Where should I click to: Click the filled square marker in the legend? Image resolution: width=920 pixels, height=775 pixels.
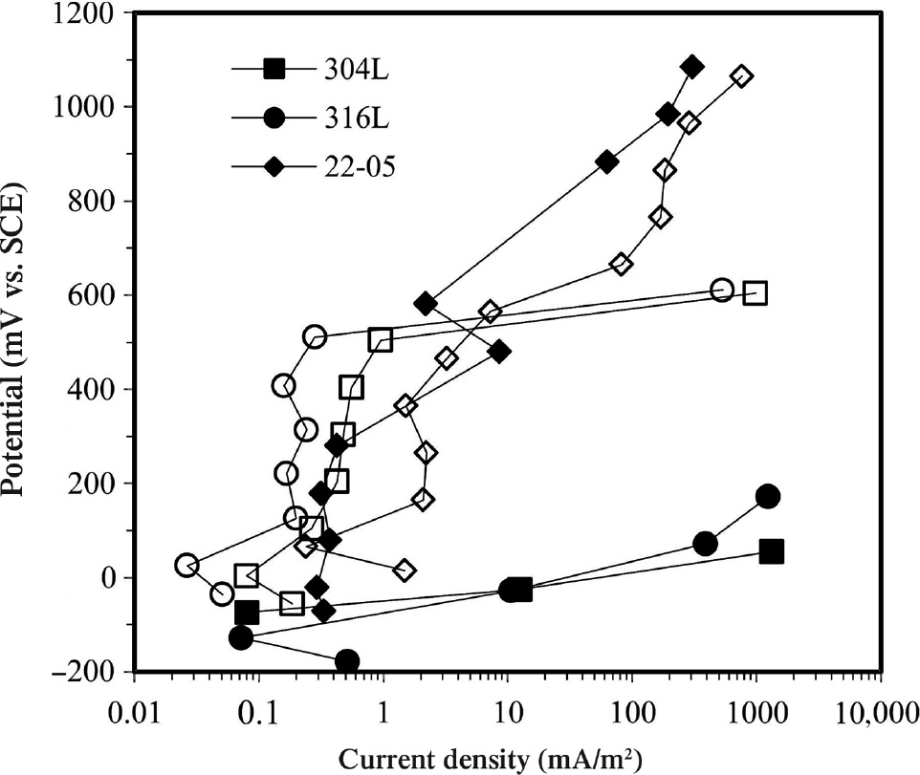click(x=274, y=69)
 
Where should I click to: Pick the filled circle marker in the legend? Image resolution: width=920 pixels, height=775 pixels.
click(x=274, y=118)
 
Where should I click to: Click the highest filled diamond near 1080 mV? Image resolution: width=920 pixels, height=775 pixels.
click(x=691, y=67)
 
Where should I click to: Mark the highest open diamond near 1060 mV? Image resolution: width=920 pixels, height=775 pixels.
click(x=741, y=76)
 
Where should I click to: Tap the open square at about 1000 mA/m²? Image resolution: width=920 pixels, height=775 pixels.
click(x=756, y=293)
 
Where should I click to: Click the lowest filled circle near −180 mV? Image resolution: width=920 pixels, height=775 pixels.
click(x=347, y=661)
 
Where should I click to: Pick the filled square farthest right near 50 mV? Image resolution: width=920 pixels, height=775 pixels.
click(x=772, y=551)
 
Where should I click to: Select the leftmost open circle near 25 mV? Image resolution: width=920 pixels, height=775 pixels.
click(x=186, y=565)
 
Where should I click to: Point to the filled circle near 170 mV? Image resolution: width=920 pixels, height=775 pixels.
click(x=767, y=496)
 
